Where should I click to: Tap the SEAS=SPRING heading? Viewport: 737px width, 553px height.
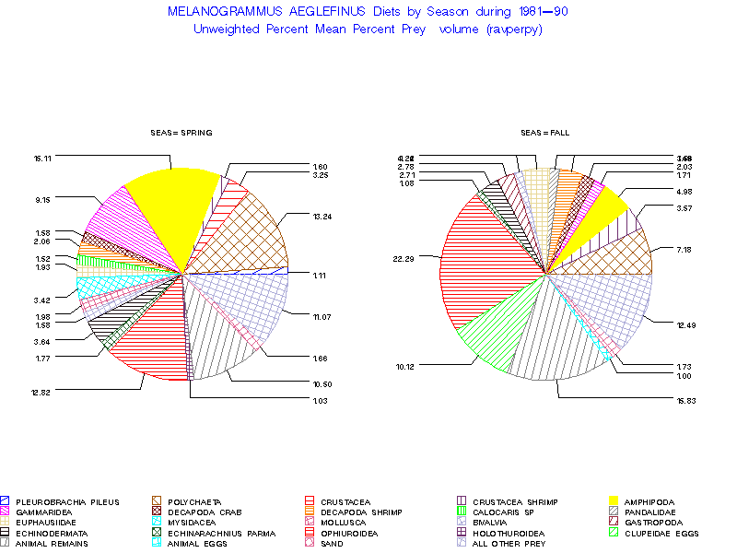[181, 133]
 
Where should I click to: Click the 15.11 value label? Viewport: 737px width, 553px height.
[41, 159]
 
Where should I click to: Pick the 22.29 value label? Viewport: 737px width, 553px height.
[404, 258]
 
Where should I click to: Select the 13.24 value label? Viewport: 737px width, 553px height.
[322, 216]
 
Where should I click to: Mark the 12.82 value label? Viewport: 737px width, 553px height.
[41, 392]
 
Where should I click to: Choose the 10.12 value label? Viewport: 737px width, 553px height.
[404, 366]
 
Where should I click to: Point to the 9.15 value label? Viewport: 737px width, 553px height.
[41, 199]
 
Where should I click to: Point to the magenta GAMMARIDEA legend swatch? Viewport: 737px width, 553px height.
[6, 512]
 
